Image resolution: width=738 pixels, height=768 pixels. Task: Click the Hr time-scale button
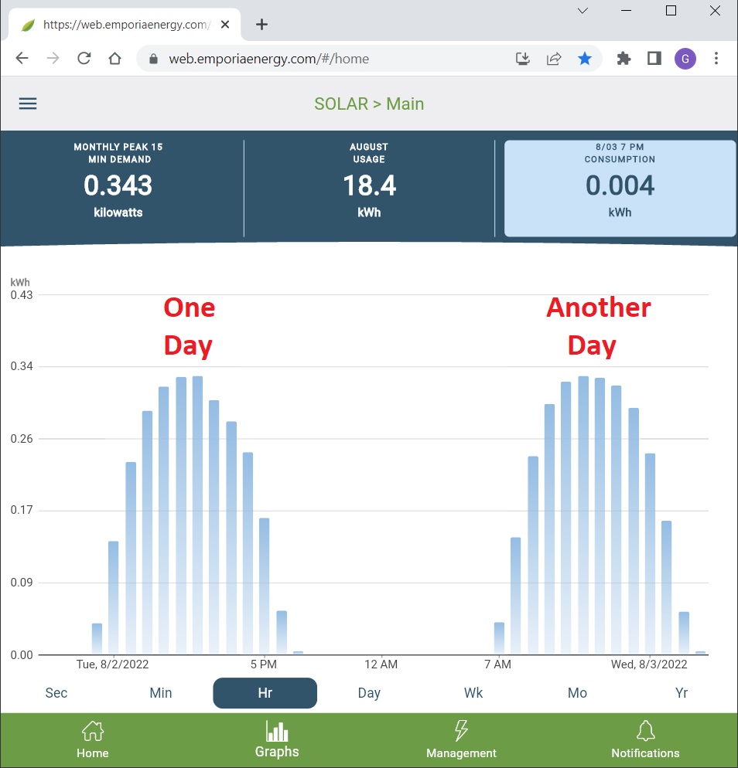click(x=265, y=693)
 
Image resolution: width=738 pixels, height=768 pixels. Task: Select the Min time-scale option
click(x=161, y=693)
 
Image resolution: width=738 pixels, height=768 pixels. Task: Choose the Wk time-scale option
click(x=473, y=693)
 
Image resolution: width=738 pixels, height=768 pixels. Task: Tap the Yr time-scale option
click(x=682, y=693)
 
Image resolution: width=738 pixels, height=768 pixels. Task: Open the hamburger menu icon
click(x=28, y=104)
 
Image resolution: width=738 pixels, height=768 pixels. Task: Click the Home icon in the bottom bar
click(x=93, y=731)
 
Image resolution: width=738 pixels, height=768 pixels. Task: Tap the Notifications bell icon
click(x=645, y=731)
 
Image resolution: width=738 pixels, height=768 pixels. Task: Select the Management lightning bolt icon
click(x=461, y=731)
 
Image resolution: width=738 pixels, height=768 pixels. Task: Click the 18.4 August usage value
click(x=369, y=185)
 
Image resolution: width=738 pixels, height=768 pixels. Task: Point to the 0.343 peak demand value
click(x=118, y=185)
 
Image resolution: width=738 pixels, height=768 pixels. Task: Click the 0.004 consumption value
click(x=620, y=185)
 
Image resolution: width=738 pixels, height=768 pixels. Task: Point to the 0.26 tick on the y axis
click(x=22, y=439)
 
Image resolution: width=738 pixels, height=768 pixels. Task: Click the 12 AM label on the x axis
click(x=381, y=664)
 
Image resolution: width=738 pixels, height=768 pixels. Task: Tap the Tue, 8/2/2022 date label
click(x=112, y=664)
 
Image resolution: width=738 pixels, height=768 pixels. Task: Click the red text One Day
click(x=189, y=326)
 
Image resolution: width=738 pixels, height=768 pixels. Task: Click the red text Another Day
click(x=598, y=326)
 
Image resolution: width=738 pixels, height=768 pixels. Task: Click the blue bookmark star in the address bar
click(x=585, y=59)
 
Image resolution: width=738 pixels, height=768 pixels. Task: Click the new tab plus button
click(x=261, y=25)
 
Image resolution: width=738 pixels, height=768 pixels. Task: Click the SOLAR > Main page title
click(x=369, y=104)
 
